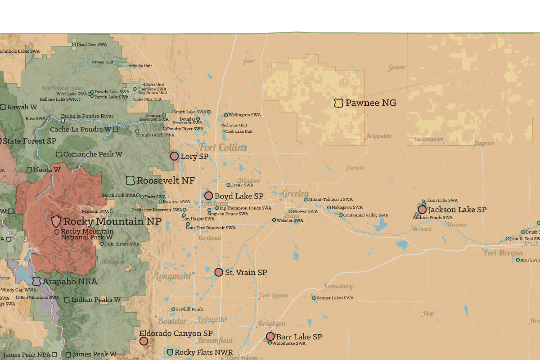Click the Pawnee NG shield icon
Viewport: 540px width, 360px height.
[x=338, y=103]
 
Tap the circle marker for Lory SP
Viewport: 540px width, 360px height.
[x=174, y=156]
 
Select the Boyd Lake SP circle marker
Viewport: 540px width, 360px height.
[x=209, y=196]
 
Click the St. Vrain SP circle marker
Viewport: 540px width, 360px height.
[x=219, y=272]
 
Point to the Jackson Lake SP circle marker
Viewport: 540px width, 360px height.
[x=422, y=209]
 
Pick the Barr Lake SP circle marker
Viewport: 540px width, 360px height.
[x=270, y=336]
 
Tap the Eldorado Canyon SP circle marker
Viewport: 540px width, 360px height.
[x=144, y=341]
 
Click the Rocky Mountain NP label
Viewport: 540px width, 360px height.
[x=112, y=221]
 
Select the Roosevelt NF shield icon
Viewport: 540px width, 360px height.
[x=130, y=180]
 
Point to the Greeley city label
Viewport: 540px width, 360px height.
[x=295, y=193]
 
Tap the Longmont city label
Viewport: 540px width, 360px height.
[x=173, y=276]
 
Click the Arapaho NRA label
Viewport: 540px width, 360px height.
[x=70, y=282]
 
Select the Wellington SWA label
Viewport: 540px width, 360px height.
[x=245, y=115]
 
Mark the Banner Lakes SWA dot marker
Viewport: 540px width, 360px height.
[x=314, y=298]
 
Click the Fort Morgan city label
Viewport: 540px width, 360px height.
[x=503, y=253]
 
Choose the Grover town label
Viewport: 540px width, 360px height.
[x=397, y=67]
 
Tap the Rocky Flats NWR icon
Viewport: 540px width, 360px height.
[x=170, y=352]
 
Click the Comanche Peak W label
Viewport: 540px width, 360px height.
[x=93, y=154]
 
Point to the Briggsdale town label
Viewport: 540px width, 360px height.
[x=379, y=135]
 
